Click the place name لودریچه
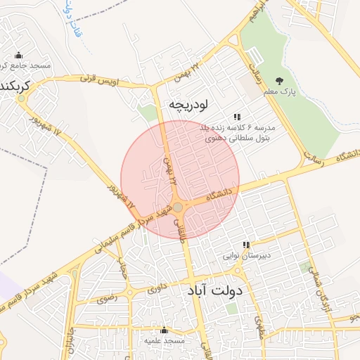[x=188, y=105]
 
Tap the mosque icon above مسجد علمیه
[x=164, y=329]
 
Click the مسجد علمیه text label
[x=164, y=340]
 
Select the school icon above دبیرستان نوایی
[x=245, y=245]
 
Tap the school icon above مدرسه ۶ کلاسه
[x=238, y=117]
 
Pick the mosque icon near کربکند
[x=18, y=56]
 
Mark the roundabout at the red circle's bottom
[x=179, y=207]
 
